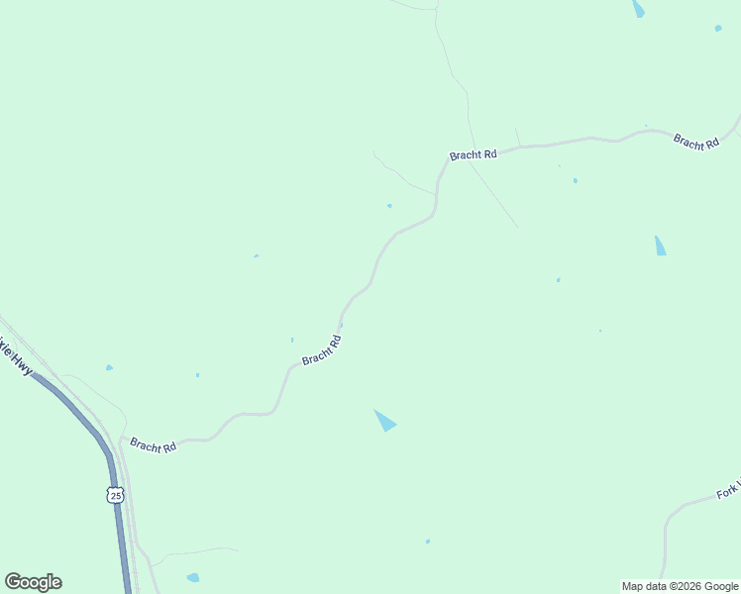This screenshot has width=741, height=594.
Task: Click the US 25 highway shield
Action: coord(116,495)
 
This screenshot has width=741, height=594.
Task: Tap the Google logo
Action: coord(33,582)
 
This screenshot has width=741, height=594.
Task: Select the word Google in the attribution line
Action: coord(719,586)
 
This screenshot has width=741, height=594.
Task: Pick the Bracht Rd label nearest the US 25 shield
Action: coord(153,446)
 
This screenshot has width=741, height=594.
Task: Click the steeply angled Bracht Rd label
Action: coord(322,350)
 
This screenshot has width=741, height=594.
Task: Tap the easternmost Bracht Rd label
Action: coord(695,142)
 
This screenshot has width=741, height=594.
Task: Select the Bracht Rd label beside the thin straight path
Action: coord(473,155)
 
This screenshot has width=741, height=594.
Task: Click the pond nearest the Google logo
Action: coord(193,577)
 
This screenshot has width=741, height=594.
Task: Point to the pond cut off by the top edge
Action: coord(638,9)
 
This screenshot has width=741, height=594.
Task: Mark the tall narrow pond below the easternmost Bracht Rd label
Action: coord(660,246)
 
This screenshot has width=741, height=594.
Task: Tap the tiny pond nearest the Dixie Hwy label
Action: coord(109,367)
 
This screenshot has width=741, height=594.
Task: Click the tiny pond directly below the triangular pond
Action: coord(428,542)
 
